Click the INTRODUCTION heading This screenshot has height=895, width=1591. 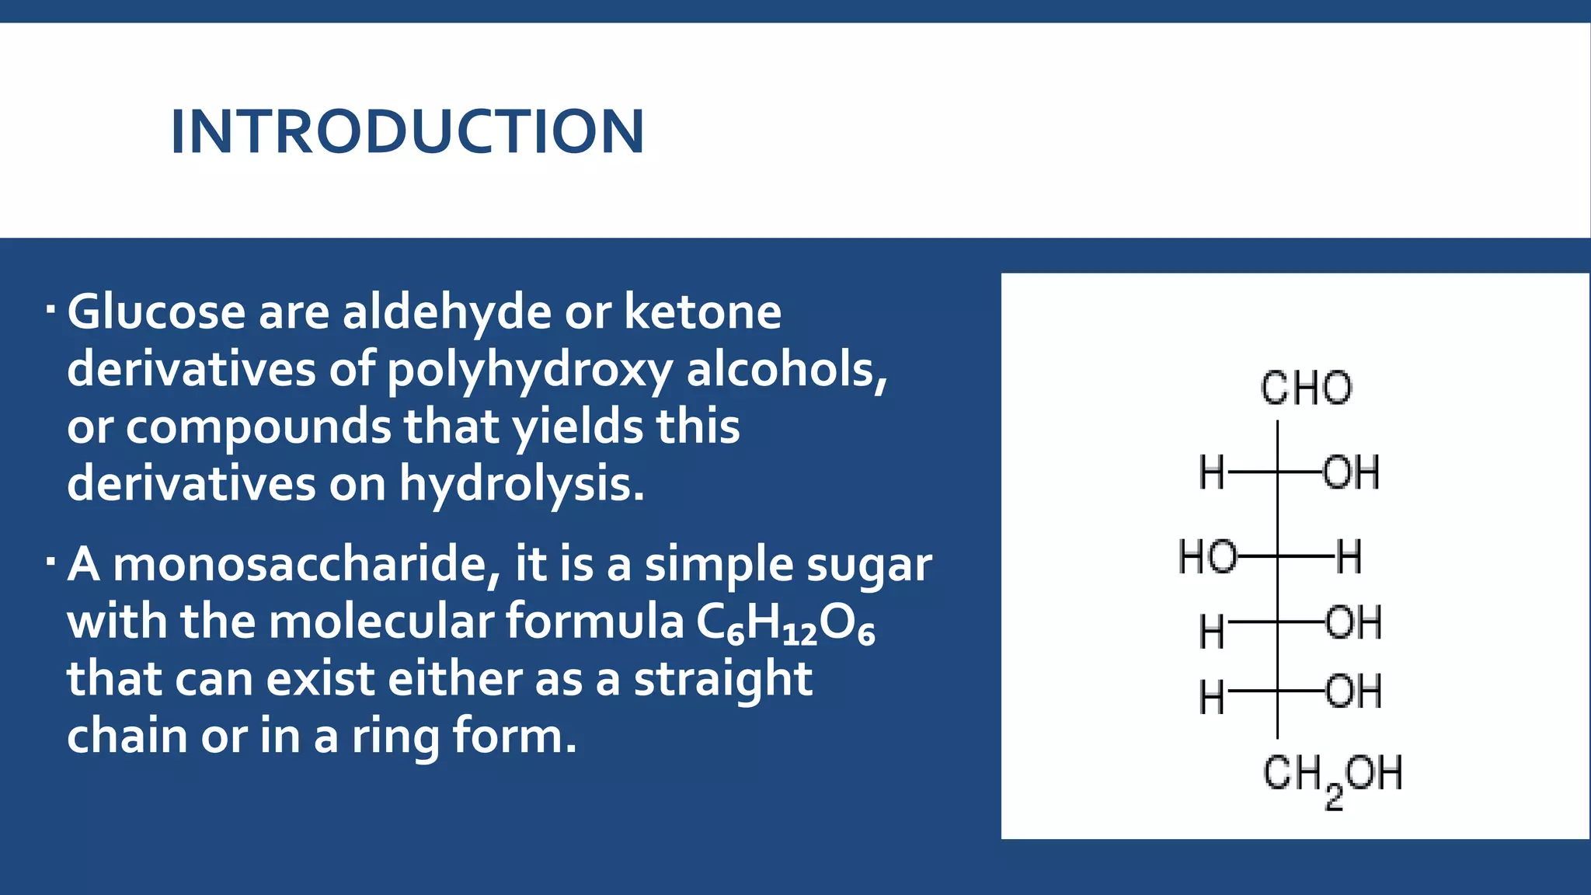(x=407, y=132)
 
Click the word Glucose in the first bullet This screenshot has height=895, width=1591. (x=156, y=312)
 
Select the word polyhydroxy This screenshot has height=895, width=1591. (x=529, y=370)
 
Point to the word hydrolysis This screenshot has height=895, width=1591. (x=521, y=484)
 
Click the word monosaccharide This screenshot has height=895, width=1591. (x=307, y=565)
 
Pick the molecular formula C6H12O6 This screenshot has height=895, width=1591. (x=785, y=623)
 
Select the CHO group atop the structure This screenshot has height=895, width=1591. (x=1306, y=388)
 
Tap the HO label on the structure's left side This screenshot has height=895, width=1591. (x=1207, y=557)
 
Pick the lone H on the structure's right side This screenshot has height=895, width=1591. (x=1349, y=557)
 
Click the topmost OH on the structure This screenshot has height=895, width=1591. (x=1351, y=472)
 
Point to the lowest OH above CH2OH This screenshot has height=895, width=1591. (x=1353, y=691)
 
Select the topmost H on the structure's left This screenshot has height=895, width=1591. (x=1211, y=472)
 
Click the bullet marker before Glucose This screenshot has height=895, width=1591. (x=50, y=309)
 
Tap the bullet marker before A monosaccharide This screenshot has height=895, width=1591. (x=50, y=561)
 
